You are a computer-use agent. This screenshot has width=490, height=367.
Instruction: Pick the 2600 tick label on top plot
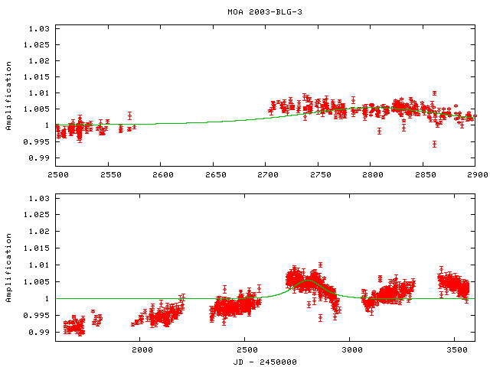point(161,175)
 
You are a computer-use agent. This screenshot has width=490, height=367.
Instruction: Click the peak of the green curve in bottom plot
point(308,281)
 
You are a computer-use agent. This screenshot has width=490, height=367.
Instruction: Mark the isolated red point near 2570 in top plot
point(129,116)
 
